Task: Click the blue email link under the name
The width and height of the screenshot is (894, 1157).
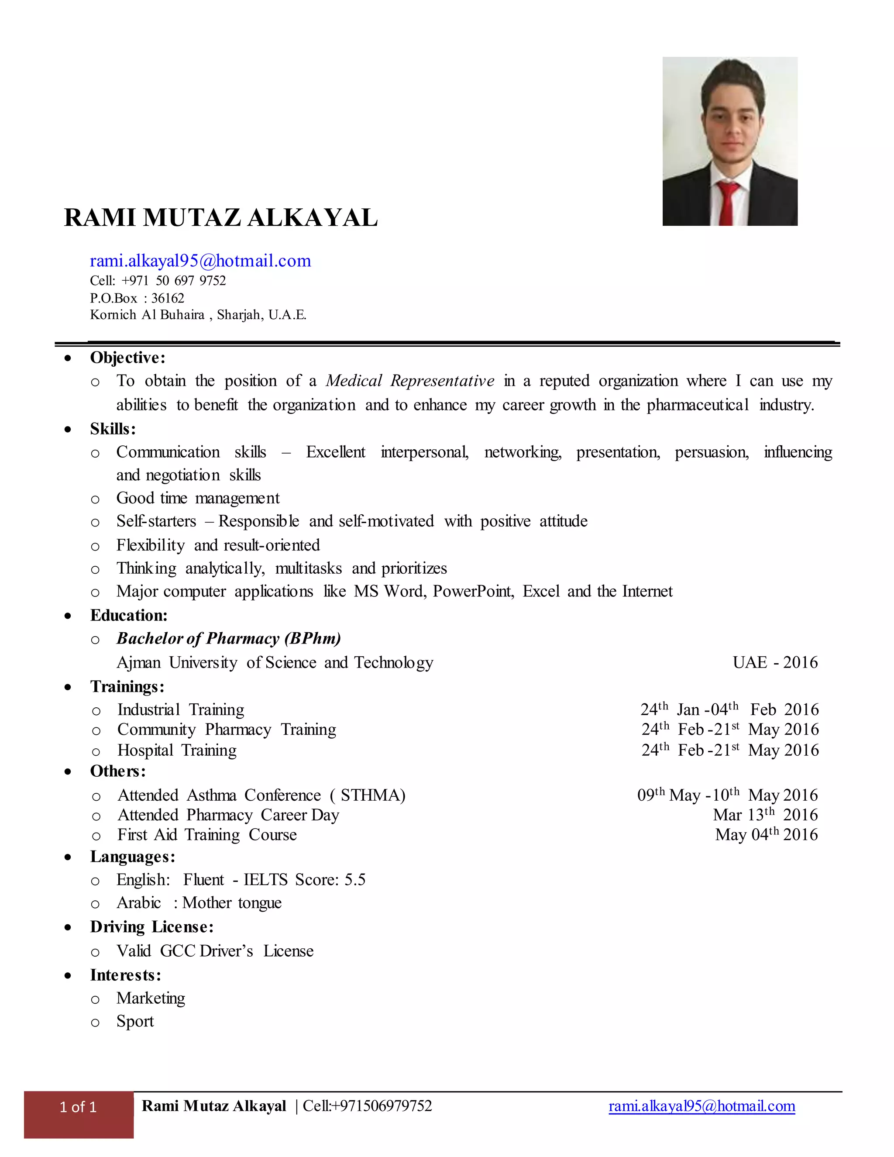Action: (200, 261)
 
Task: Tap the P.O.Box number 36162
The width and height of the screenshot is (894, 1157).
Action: (168, 298)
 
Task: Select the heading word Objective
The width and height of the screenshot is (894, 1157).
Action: (127, 358)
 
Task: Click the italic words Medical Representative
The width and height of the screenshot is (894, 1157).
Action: (410, 381)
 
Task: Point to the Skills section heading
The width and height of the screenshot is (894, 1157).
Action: (112, 429)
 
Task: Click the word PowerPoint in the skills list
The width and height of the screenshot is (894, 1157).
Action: (473, 591)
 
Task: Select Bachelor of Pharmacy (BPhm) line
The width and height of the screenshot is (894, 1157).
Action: (229, 638)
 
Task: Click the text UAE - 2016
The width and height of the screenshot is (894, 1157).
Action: (775, 662)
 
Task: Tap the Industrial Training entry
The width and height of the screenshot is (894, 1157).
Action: (181, 709)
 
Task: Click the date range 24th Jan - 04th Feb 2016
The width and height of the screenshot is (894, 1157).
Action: (729, 709)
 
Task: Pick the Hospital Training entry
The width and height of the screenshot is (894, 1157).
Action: (177, 750)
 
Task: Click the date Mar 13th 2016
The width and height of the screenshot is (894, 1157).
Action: (765, 815)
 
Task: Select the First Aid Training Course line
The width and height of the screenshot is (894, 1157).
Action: (207, 835)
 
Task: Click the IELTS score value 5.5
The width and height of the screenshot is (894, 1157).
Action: (355, 880)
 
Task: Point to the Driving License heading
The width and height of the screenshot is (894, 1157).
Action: (151, 926)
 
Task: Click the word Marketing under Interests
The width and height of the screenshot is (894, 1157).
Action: (151, 998)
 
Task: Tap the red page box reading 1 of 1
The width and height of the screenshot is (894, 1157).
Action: (79, 1107)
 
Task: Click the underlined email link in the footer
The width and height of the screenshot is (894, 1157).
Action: (702, 1106)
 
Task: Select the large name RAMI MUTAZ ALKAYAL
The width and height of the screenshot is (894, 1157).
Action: (221, 218)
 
